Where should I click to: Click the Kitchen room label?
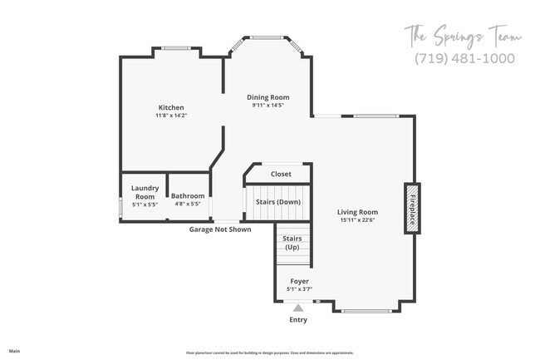coord(171,107)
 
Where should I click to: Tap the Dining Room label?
coord(268,97)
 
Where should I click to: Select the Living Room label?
coord(358,212)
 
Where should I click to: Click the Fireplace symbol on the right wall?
coord(410,208)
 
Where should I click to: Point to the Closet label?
coord(281,175)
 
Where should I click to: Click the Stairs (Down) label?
coord(277,202)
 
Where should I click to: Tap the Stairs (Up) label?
coord(292,243)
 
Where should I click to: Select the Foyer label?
coord(299,282)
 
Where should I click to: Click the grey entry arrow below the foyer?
coord(297,308)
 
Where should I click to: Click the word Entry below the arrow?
coord(297,320)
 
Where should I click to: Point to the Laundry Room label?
coord(145,192)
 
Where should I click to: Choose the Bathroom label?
coord(188,196)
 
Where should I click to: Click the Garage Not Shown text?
coord(219,229)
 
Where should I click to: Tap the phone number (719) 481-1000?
coord(464,58)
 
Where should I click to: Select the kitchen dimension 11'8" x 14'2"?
coord(171,116)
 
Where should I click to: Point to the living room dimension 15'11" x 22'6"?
coord(358,220)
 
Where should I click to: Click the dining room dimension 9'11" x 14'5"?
coord(268,106)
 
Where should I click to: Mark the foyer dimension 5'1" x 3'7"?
coord(299,289)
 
